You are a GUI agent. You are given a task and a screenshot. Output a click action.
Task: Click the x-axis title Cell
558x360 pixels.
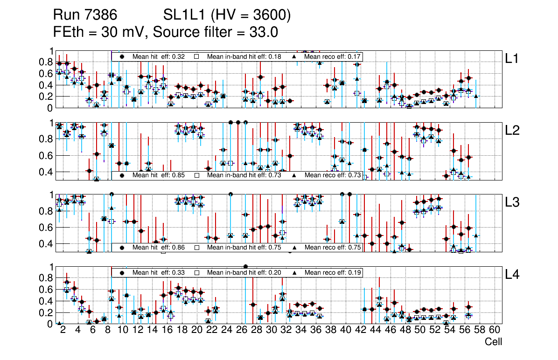click(x=493, y=342)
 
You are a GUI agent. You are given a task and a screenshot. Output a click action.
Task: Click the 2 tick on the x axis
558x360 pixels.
click(x=63, y=330)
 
